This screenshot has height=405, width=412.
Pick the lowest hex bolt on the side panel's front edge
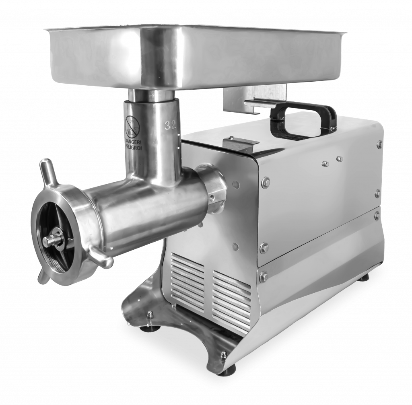point(264,276)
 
